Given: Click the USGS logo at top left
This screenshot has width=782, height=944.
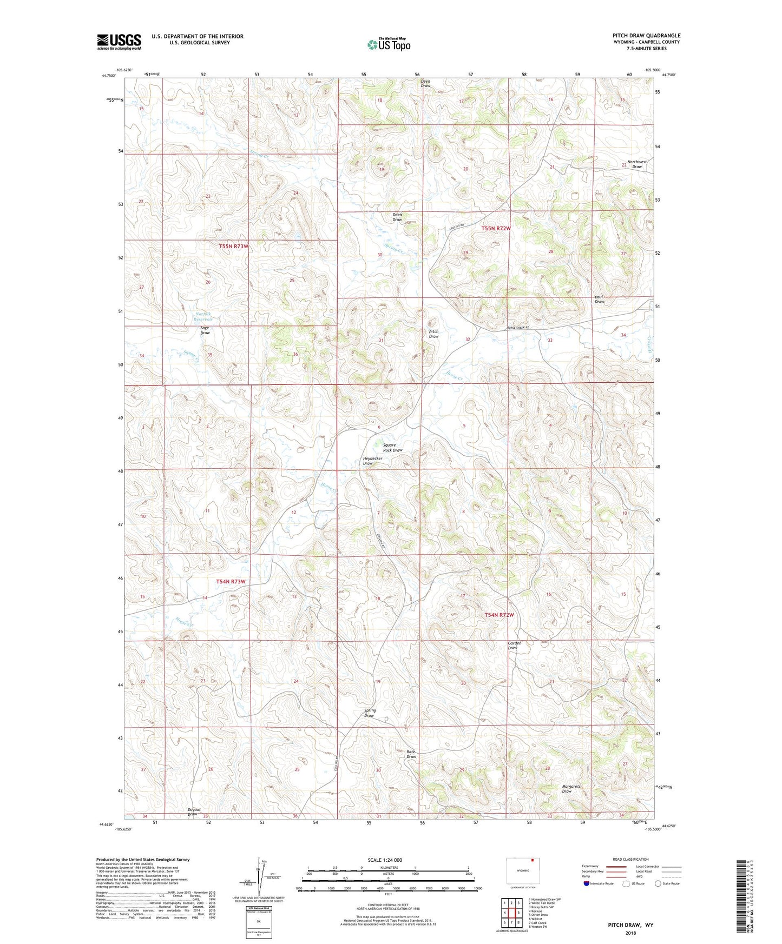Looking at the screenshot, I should (119, 42).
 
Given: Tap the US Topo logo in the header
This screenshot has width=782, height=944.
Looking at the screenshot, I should (388, 44).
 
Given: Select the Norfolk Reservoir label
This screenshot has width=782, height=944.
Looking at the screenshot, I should (204, 316).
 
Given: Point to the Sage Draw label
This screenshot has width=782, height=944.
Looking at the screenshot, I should (205, 330).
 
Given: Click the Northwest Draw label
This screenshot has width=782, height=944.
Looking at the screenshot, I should (637, 164).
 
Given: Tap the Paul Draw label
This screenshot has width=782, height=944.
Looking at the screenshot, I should (599, 300).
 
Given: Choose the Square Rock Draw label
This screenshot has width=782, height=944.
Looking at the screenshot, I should (392, 448).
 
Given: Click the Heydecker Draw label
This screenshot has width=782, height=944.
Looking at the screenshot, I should (372, 461).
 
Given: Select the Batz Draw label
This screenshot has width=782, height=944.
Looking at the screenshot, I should (411, 754).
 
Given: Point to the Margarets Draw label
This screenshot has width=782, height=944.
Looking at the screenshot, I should (571, 789).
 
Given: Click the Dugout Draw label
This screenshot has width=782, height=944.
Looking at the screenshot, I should (193, 812).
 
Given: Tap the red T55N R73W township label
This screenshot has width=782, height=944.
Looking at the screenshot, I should (234, 247).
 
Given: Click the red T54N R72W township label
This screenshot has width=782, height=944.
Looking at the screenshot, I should (498, 615).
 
